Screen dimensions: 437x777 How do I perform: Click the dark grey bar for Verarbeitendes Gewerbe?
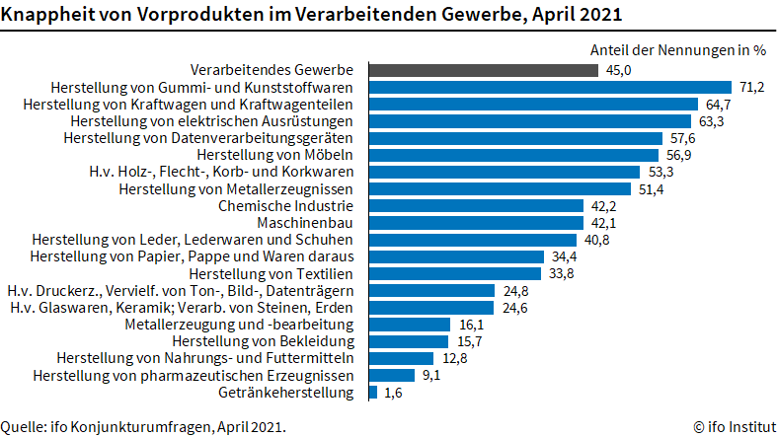(x=483, y=70)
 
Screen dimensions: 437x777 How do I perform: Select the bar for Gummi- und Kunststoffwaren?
(x=550, y=87)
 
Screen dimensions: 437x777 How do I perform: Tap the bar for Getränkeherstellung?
(x=373, y=393)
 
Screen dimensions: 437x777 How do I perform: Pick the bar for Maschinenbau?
(x=476, y=223)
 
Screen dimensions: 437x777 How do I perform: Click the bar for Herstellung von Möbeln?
(x=513, y=155)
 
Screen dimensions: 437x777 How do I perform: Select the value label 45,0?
(x=619, y=70)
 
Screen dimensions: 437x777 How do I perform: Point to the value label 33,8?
(x=562, y=273)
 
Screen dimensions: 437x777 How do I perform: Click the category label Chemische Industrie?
(x=284, y=206)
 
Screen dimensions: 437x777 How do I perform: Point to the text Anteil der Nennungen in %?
(x=678, y=48)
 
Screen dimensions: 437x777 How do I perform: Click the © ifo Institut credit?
(x=731, y=426)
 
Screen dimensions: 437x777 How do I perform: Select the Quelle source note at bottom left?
(x=144, y=426)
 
